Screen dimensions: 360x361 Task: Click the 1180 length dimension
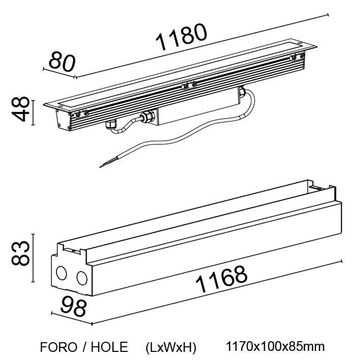[182, 38]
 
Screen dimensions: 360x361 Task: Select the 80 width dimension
[62, 61]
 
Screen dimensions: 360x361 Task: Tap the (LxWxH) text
[170, 348]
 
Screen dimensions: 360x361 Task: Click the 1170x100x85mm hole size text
[275, 347]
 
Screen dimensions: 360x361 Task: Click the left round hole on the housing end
[62, 274]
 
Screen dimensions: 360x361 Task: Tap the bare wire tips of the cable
[105, 164]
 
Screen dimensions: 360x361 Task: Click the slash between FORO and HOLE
[82, 347]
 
